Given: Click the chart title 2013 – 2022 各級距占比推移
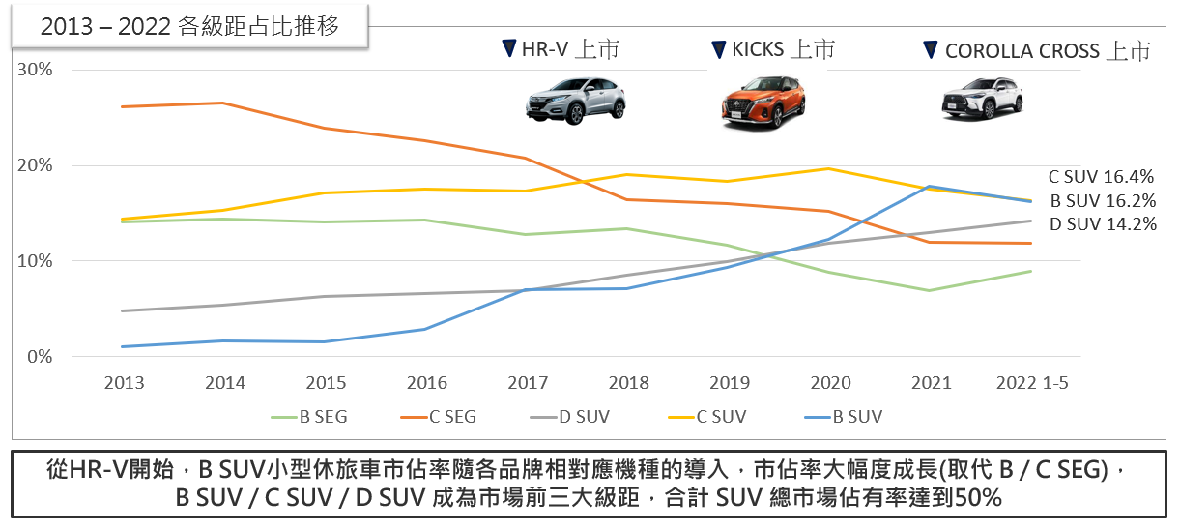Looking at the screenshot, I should (x=189, y=26).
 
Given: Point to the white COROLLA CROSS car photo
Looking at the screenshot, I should (x=982, y=99).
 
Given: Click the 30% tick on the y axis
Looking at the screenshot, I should (x=36, y=70).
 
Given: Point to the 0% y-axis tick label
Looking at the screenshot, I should (x=40, y=357).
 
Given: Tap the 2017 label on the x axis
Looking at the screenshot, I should (x=528, y=382).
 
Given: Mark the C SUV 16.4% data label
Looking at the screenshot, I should (x=1102, y=177).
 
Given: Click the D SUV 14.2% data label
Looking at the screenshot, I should (x=1102, y=223).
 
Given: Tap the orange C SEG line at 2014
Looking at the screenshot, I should (x=223, y=103).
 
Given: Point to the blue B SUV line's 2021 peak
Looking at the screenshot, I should (x=929, y=186).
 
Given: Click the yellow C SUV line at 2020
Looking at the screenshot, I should (x=828, y=169).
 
